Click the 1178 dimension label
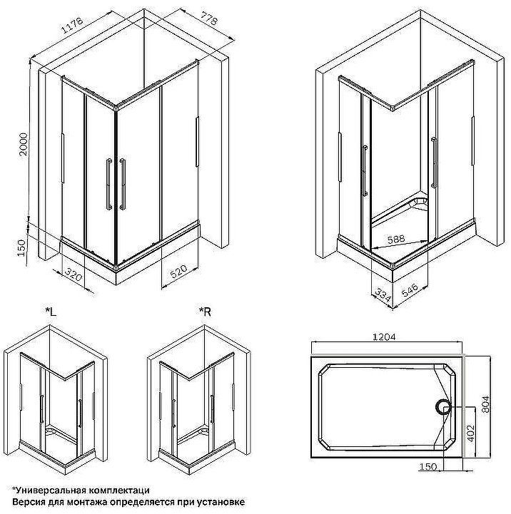point(72,29)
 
